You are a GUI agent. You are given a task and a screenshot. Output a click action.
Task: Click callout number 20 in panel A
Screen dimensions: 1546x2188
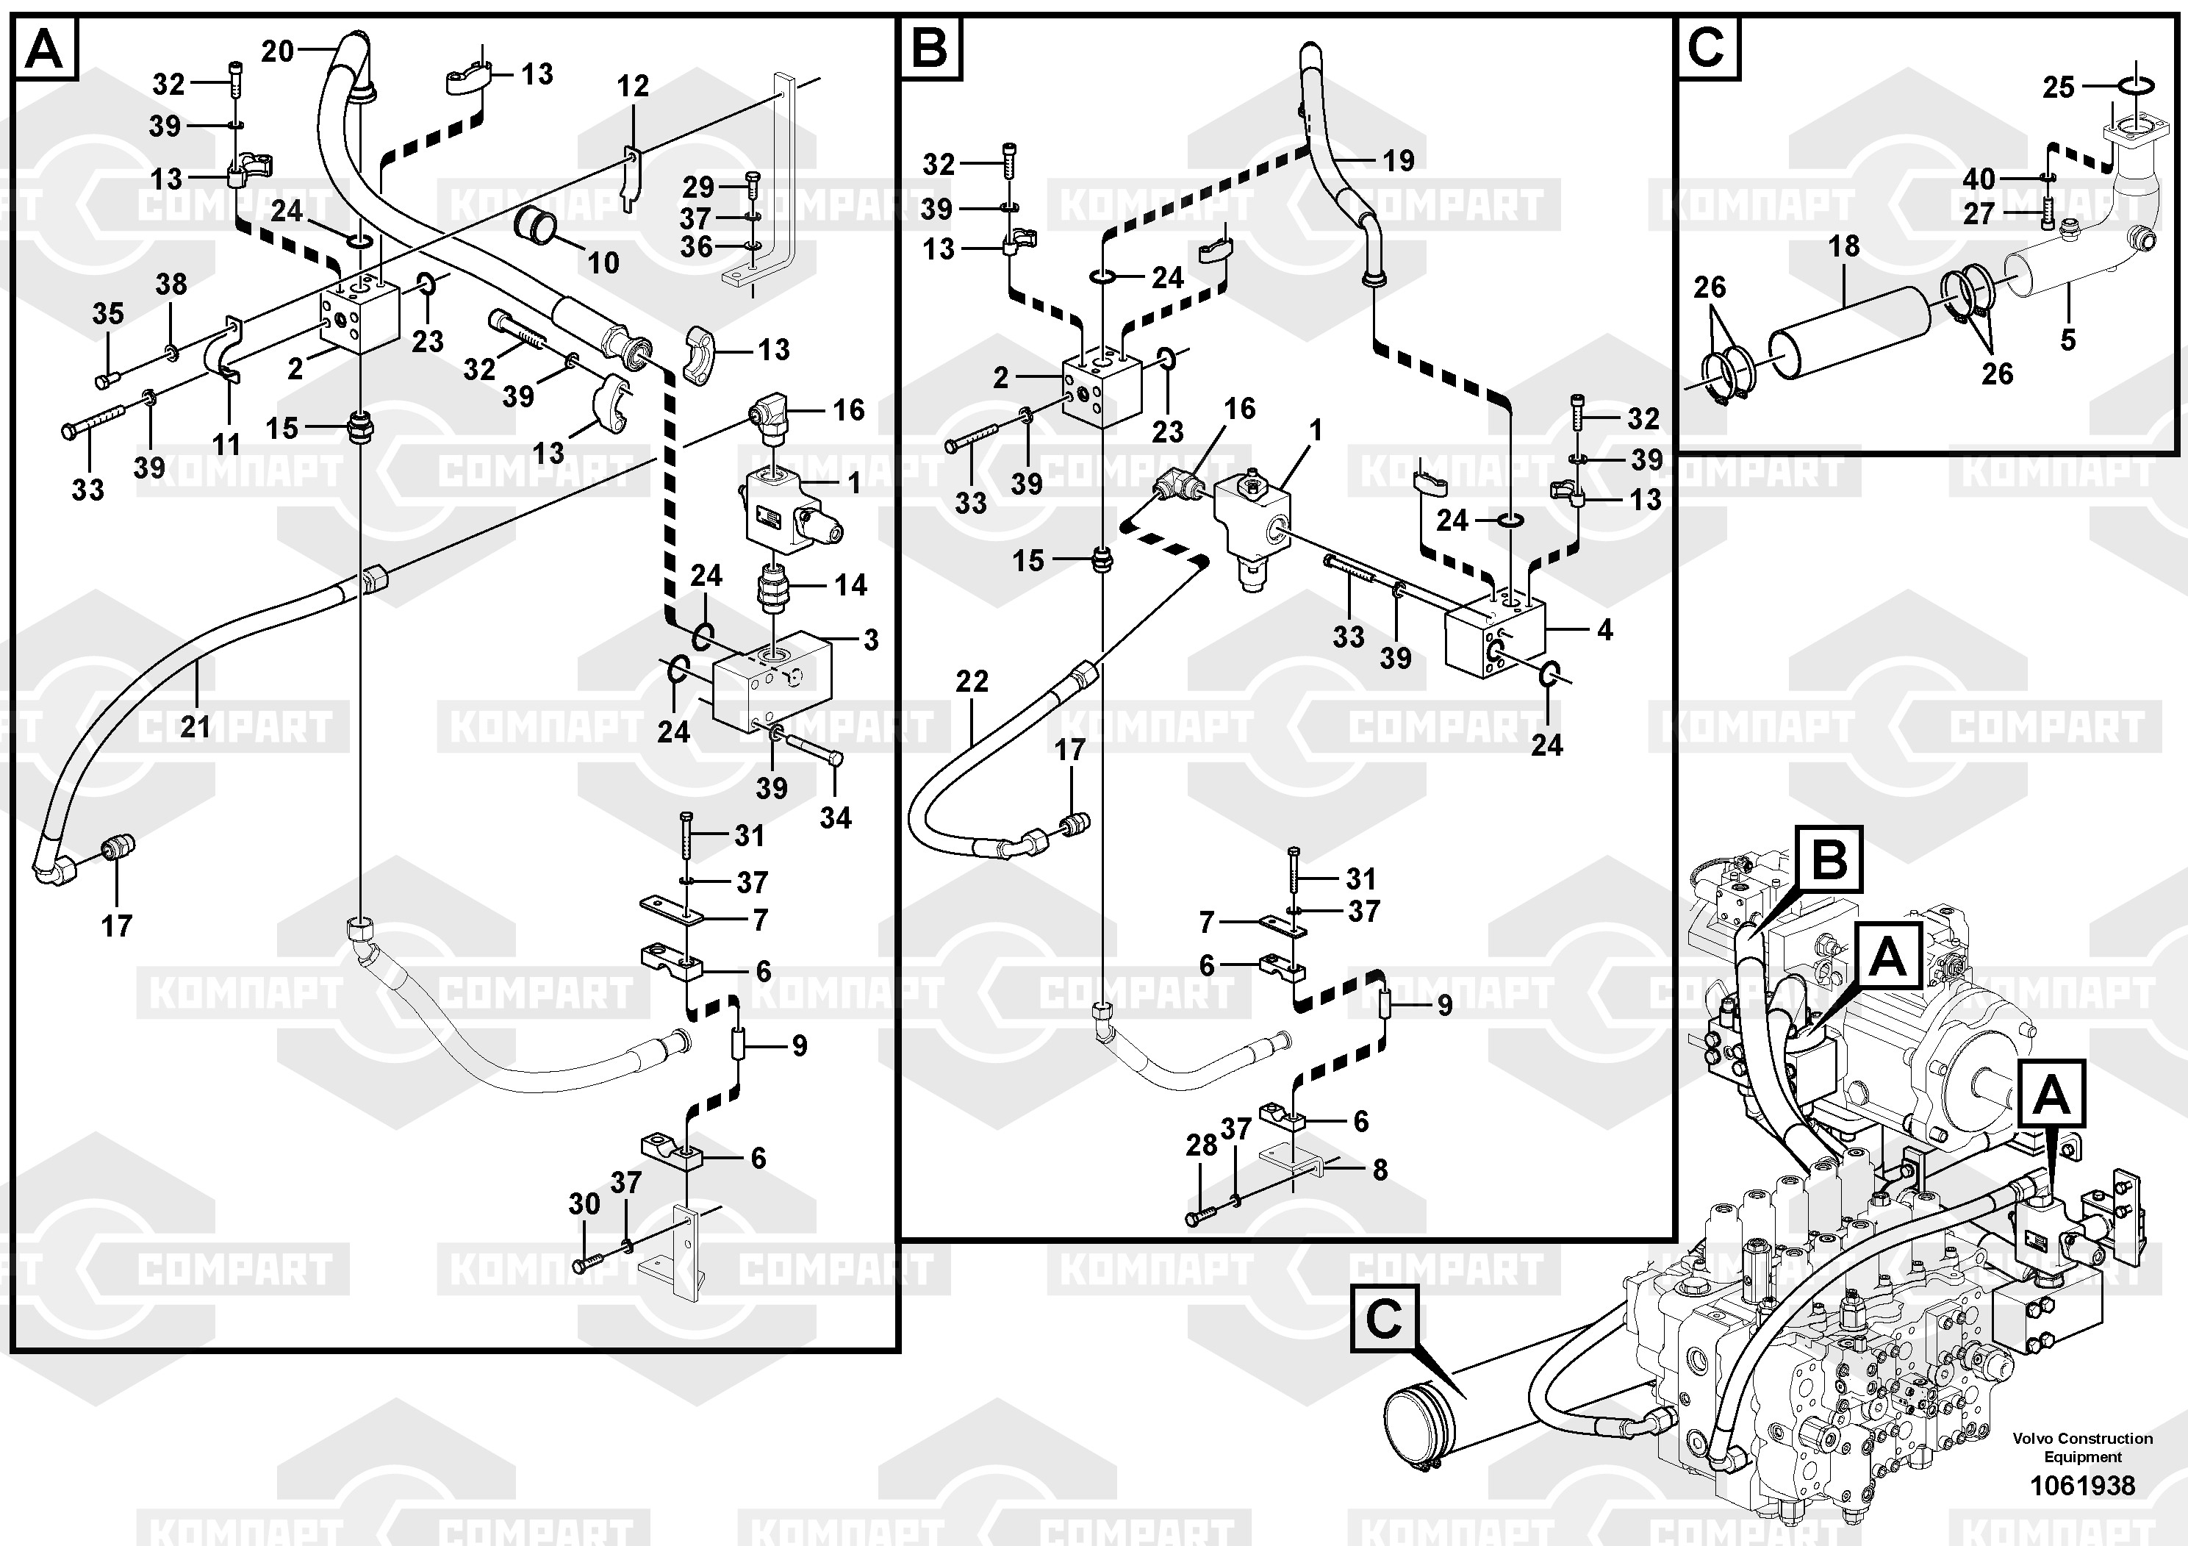(x=276, y=51)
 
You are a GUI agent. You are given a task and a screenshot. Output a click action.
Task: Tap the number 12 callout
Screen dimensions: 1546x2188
(x=633, y=87)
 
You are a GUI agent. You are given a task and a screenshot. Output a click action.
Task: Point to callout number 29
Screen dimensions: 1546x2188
(x=698, y=187)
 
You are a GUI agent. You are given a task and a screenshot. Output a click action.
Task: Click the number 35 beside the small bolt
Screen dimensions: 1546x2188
(x=108, y=314)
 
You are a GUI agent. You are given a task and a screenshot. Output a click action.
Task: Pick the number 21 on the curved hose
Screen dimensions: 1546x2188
(x=196, y=726)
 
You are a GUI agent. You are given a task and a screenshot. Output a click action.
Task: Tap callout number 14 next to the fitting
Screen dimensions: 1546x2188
(x=850, y=584)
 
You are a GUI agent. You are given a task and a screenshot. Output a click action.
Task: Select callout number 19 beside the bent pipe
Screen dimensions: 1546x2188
(x=1398, y=161)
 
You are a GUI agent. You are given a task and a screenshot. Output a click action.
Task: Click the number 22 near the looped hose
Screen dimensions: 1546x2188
(x=972, y=681)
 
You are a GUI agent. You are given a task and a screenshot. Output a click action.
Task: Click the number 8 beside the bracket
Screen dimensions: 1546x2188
(x=1380, y=1170)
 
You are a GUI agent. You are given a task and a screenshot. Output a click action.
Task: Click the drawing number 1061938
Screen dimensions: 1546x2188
(x=2082, y=1485)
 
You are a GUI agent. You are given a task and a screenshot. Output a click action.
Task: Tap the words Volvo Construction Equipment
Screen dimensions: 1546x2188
(x=2082, y=1447)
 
